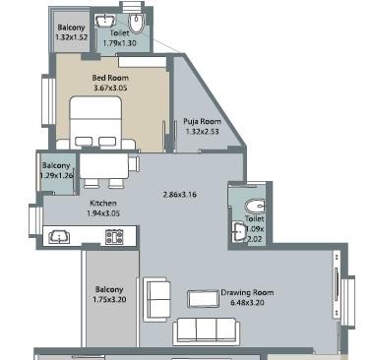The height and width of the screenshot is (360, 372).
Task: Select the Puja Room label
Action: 201,121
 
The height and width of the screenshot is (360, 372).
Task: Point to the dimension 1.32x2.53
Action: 201,133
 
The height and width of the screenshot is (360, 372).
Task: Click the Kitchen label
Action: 62,203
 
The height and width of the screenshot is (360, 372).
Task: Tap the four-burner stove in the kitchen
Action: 113,236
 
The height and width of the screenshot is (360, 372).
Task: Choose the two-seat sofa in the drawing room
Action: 155,295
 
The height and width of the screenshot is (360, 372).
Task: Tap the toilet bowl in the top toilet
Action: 138,23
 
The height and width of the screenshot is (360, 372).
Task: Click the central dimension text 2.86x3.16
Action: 180,194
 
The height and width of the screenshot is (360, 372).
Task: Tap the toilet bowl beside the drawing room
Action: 253,206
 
